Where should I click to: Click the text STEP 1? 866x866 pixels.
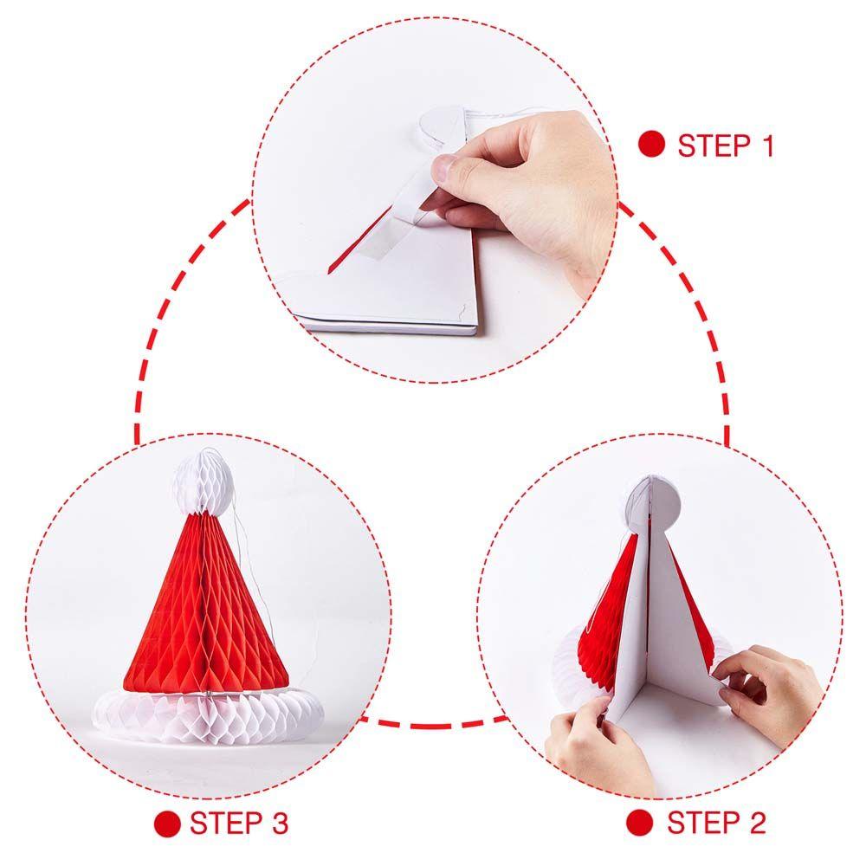pos(726,145)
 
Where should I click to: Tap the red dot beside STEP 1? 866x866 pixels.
pos(651,145)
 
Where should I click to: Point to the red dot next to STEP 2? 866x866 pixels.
pos(640,821)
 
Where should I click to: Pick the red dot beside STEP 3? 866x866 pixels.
pos(166,822)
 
